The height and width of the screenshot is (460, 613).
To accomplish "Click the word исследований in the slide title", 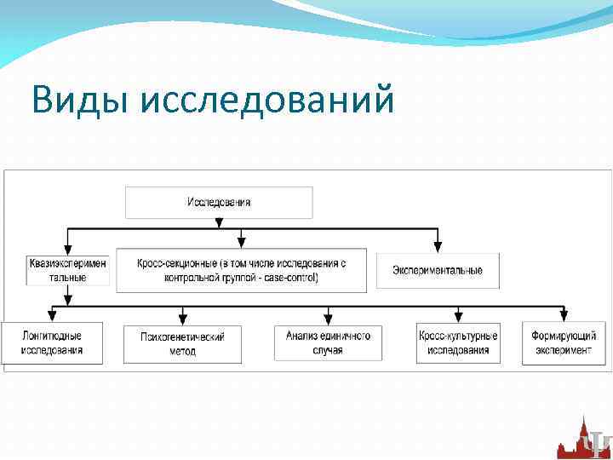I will tap(267, 101).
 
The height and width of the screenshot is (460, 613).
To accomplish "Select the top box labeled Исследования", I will tap(219, 203).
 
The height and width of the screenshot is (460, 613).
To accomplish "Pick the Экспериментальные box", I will tap(438, 270).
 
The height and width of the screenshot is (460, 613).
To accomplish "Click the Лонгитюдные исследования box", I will tap(53, 343).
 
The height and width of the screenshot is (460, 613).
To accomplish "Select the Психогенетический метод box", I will tap(182, 344).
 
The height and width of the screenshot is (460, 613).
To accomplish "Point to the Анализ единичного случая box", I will tap(328, 343).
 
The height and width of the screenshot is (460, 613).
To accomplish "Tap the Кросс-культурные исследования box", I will tap(458, 343).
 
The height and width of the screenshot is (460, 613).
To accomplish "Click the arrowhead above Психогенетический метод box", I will tap(182, 318).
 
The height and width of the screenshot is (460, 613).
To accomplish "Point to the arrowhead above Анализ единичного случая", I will tap(328, 318).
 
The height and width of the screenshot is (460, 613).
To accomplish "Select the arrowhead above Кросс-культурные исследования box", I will tap(458, 318).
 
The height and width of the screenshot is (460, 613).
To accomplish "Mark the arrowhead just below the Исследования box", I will tap(219, 223).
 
